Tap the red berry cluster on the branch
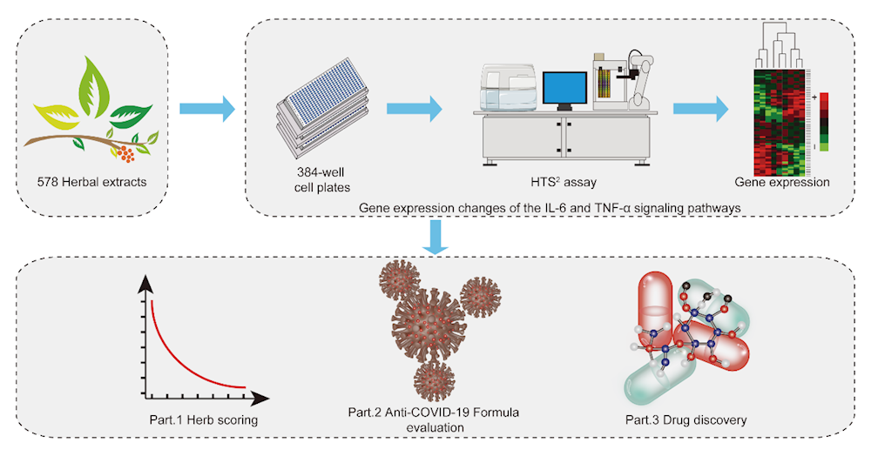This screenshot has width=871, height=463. pos(126,154)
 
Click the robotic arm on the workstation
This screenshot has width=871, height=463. pos(640,74)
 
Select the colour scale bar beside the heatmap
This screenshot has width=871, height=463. pos(824,122)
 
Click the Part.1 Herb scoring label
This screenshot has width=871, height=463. pos(202,420)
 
